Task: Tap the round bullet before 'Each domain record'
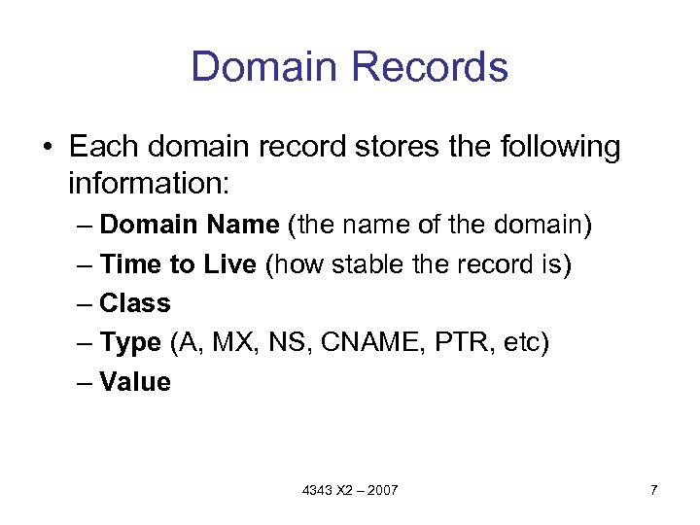click(x=47, y=148)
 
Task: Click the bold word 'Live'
click(x=227, y=264)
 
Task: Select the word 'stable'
click(x=368, y=264)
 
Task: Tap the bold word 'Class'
click(x=135, y=303)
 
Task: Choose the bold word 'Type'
click(x=130, y=343)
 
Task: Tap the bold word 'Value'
click(x=135, y=382)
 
